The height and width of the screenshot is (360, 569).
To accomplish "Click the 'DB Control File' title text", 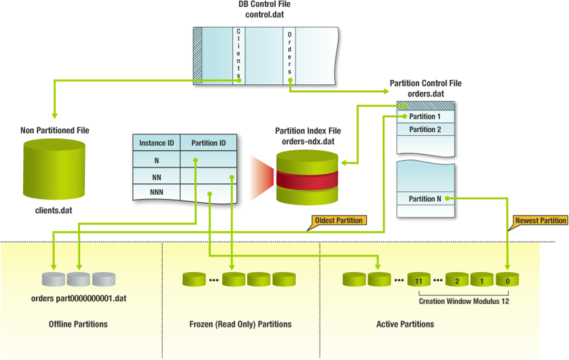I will click(264, 5).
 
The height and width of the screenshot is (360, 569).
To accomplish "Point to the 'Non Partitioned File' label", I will click(55, 130).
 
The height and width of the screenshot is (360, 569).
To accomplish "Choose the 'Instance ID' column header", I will click(157, 143).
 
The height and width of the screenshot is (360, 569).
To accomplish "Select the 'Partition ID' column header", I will click(208, 143).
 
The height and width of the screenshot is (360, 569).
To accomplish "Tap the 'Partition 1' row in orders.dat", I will click(425, 117).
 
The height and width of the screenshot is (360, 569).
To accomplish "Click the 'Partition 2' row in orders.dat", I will click(425, 129).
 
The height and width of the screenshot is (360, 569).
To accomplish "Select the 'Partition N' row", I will click(425, 199).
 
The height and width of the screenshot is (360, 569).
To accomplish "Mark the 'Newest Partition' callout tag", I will click(540, 220).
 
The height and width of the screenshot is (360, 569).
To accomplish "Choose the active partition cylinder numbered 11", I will click(418, 280).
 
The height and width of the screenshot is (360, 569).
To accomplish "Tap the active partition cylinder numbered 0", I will click(507, 280).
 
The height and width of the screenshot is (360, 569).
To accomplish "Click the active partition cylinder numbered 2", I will click(456, 280).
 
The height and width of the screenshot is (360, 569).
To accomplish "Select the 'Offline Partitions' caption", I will click(78, 324).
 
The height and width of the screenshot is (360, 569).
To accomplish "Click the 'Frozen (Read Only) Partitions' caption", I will click(240, 324).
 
